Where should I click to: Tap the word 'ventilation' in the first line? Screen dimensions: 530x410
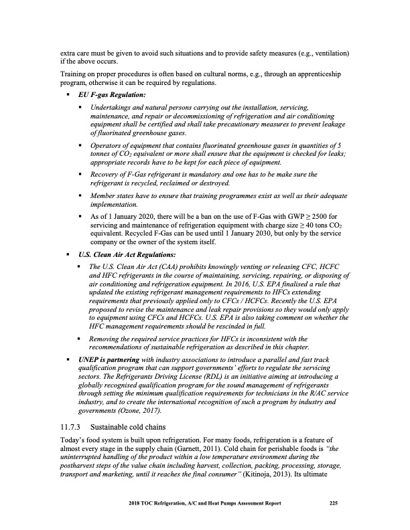(x=328, y=53)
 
